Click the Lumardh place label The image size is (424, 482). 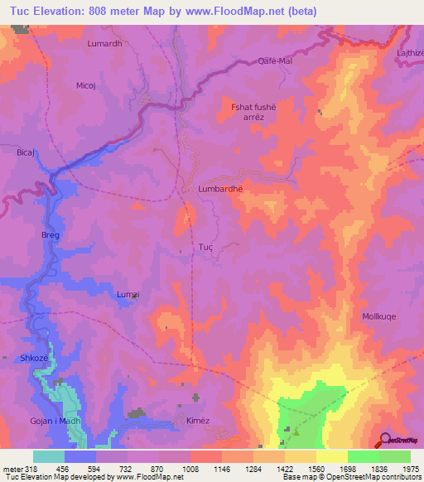[x=104, y=43]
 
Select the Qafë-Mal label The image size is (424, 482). [x=276, y=61]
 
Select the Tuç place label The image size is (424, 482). [x=207, y=247]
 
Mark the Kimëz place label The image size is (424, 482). [x=198, y=421]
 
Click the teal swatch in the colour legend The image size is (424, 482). [x=48, y=456]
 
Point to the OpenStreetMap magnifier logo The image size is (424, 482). [x=384, y=441]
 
